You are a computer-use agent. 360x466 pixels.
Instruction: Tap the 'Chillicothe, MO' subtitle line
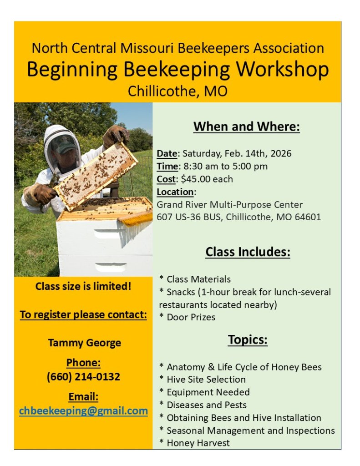pyautogui.click(x=177, y=91)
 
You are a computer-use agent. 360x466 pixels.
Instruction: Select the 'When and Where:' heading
pyautogui.click(x=247, y=127)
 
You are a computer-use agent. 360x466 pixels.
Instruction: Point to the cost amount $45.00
pyautogui.click(x=194, y=179)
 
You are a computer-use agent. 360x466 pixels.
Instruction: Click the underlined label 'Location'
pyautogui.click(x=175, y=192)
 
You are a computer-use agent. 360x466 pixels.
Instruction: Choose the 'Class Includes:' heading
pyautogui.click(x=248, y=252)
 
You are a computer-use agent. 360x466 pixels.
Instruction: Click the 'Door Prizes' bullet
pyautogui.click(x=191, y=317)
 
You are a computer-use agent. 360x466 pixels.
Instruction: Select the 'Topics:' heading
pyautogui.click(x=248, y=339)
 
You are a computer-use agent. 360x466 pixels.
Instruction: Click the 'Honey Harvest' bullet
pyautogui.click(x=198, y=443)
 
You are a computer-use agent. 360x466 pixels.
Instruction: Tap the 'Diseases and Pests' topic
pyautogui.click(x=206, y=405)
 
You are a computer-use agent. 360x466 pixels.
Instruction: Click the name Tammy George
pyautogui.click(x=84, y=343)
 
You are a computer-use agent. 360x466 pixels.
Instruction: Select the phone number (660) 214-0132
pyautogui.click(x=83, y=377)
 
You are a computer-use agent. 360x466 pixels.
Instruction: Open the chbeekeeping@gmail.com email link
pyautogui.click(x=83, y=411)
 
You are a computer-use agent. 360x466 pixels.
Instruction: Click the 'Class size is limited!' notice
pyautogui.click(x=83, y=287)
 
